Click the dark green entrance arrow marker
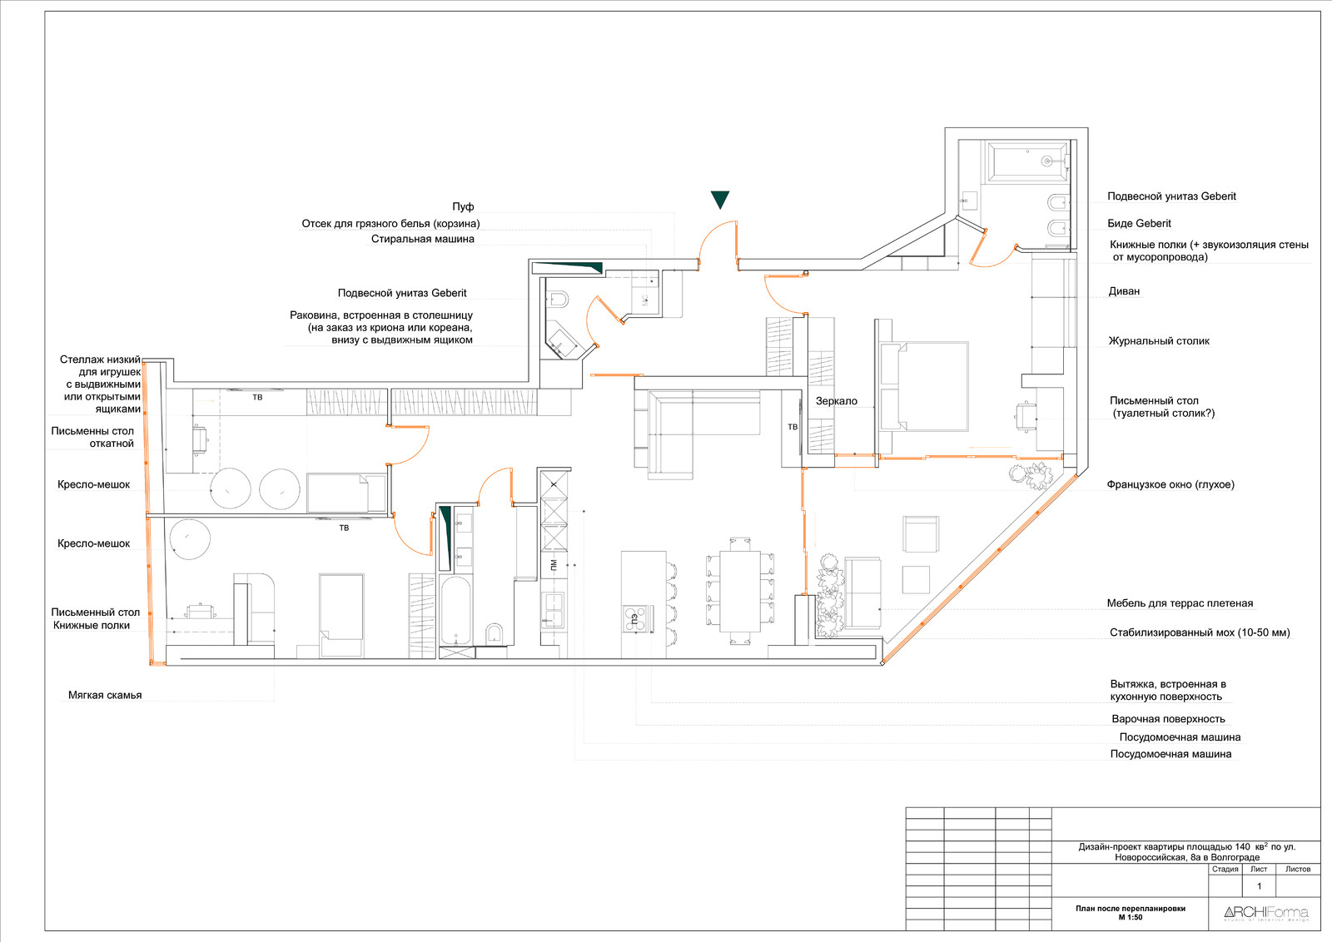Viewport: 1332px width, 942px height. (719, 199)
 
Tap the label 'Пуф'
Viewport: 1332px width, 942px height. (463, 206)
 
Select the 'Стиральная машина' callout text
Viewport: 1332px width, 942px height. (423, 239)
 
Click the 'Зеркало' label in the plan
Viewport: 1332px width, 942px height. (836, 401)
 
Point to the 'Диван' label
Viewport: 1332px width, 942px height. (1124, 291)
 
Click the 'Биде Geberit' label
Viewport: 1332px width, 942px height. (1139, 224)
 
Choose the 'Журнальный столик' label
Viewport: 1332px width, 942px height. (1158, 341)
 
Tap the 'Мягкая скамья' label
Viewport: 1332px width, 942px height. (105, 696)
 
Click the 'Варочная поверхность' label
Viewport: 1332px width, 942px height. (1169, 719)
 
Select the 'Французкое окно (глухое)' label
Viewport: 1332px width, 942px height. (1170, 484)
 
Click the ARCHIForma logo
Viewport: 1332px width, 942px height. (1266, 913)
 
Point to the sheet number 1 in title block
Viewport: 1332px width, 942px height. (1259, 886)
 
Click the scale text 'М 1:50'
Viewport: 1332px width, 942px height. (1130, 918)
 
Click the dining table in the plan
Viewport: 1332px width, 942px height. (740, 592)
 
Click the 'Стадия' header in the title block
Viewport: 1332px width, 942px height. (1225, 869)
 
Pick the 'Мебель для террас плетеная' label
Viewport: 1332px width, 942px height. (1180, 603)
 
